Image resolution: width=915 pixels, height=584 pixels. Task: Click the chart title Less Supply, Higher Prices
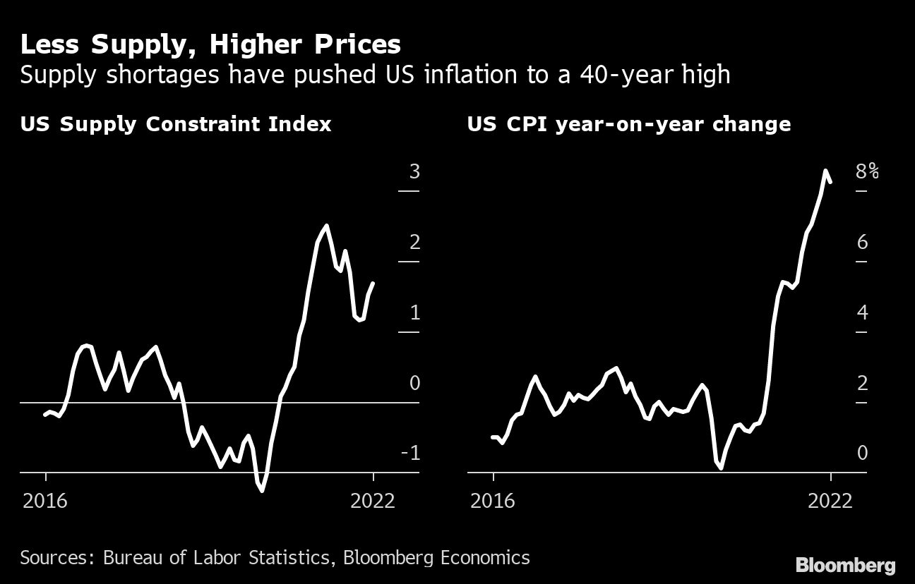tap(210, 45)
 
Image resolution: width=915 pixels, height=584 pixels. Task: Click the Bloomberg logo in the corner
tap(845, 565)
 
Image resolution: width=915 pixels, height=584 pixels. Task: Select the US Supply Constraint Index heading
tap(176, 125)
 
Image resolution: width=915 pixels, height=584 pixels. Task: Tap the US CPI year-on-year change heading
tap(628, 125)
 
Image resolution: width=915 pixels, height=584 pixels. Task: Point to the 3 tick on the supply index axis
tap(414, 171)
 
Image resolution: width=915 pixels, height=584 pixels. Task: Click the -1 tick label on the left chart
tap(410, 453)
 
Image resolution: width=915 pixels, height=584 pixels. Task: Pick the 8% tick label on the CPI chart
tap(867, 171)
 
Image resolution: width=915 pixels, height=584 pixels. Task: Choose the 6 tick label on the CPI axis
tap(862, 242)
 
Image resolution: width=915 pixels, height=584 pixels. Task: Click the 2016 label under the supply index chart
tap(45, 501)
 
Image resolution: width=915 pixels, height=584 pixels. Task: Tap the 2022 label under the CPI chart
tap(831, 501)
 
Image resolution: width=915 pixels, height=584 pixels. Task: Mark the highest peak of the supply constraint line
tap(325, 226)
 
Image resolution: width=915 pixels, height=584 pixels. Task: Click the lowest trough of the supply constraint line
tap(263, 490)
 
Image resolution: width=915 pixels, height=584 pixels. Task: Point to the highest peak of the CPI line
tap(825, 170)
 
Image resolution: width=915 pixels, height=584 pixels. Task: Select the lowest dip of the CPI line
tap(721, 468)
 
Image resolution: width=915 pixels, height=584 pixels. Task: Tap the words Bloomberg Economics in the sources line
tap(436, 558)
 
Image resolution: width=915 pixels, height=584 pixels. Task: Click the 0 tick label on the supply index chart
tap(414, 383)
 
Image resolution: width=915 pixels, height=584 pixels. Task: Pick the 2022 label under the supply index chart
tap(373, 501)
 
